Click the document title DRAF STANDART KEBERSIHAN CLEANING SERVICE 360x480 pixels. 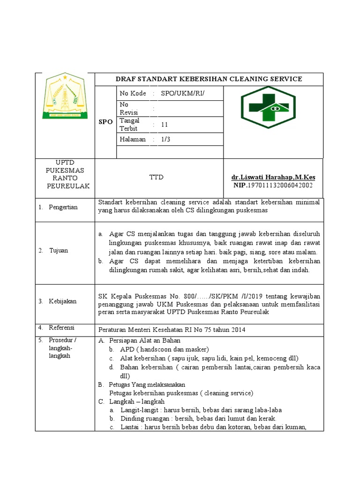[209, 79]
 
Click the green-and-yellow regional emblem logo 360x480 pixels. [65, 96]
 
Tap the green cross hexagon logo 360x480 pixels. [268, 111]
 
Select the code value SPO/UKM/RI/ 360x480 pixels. [183, 93]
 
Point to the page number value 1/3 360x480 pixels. [165, 139]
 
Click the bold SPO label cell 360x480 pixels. [105, 121]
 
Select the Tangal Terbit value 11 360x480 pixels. [164, 125]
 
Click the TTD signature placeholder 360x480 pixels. [156, 177]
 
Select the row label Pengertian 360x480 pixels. [63, 207]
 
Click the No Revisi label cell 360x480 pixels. [132, 108]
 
